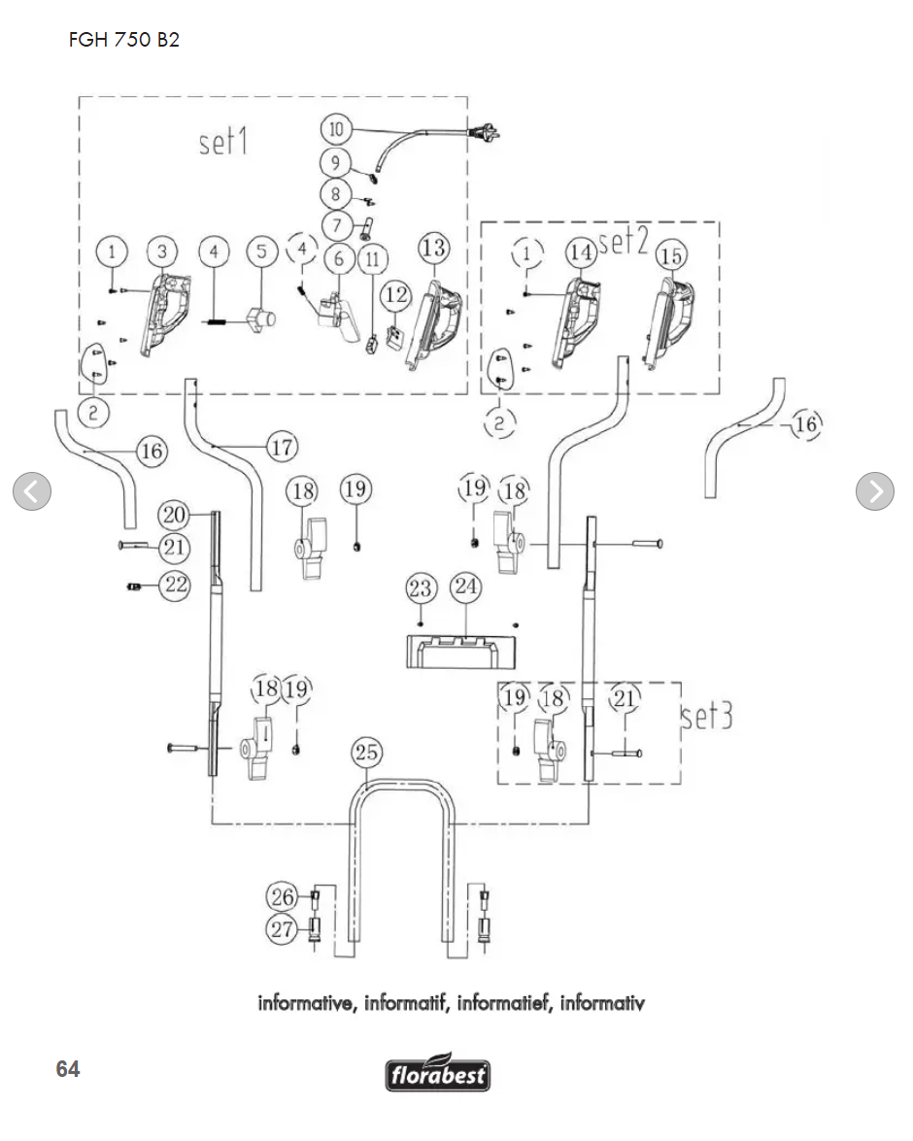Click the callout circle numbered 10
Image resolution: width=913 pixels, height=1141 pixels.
tap(336, 128)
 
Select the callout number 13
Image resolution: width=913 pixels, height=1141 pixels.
tap(433, 248)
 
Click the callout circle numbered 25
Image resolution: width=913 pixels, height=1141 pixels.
tap(367, 752)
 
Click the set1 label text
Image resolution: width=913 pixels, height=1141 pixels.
tap(223, 142)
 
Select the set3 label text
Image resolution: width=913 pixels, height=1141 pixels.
tap(706, 717)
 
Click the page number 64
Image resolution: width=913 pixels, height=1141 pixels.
tap(68, 1069)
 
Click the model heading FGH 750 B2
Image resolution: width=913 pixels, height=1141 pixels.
tap(124, 41)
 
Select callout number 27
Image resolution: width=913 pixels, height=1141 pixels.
tap(283, 929)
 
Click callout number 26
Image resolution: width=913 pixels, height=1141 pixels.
tap(283, 895)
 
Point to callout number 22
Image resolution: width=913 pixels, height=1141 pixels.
tap(175, 585)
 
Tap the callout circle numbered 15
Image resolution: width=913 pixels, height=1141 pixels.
tap(671, 255)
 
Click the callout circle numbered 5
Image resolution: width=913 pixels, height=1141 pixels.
tap(261, 252)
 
